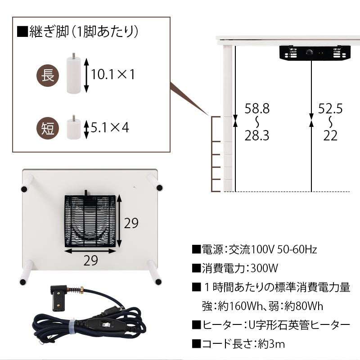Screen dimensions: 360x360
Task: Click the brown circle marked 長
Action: click(48, 75)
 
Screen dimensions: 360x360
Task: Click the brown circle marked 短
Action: click(48, 128)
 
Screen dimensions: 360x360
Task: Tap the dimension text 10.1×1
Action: click(113, 74)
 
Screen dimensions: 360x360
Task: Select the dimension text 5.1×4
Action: click(110, 127)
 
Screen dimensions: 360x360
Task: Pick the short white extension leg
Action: click(74, 127)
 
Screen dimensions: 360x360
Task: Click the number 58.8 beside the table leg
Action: click(256, 108)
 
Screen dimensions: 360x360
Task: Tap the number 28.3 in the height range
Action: click(256, 135)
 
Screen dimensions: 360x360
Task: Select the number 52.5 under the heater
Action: click(330, 108)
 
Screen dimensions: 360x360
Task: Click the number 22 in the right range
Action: click(330, 135)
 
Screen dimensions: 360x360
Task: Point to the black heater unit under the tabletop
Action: click(315, 53)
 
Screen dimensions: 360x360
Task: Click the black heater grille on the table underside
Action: click(90, 221)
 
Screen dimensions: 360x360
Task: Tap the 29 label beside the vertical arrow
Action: click(131, 223)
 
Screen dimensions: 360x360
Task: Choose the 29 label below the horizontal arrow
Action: click(90, 261)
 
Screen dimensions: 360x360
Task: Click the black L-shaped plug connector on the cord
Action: click(58, 297)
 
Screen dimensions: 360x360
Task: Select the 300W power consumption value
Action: click(264, 268)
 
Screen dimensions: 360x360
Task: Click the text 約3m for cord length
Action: click(271, 344)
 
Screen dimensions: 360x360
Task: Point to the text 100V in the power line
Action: click(263, 249)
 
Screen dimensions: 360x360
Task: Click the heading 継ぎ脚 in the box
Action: click(49, 31)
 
